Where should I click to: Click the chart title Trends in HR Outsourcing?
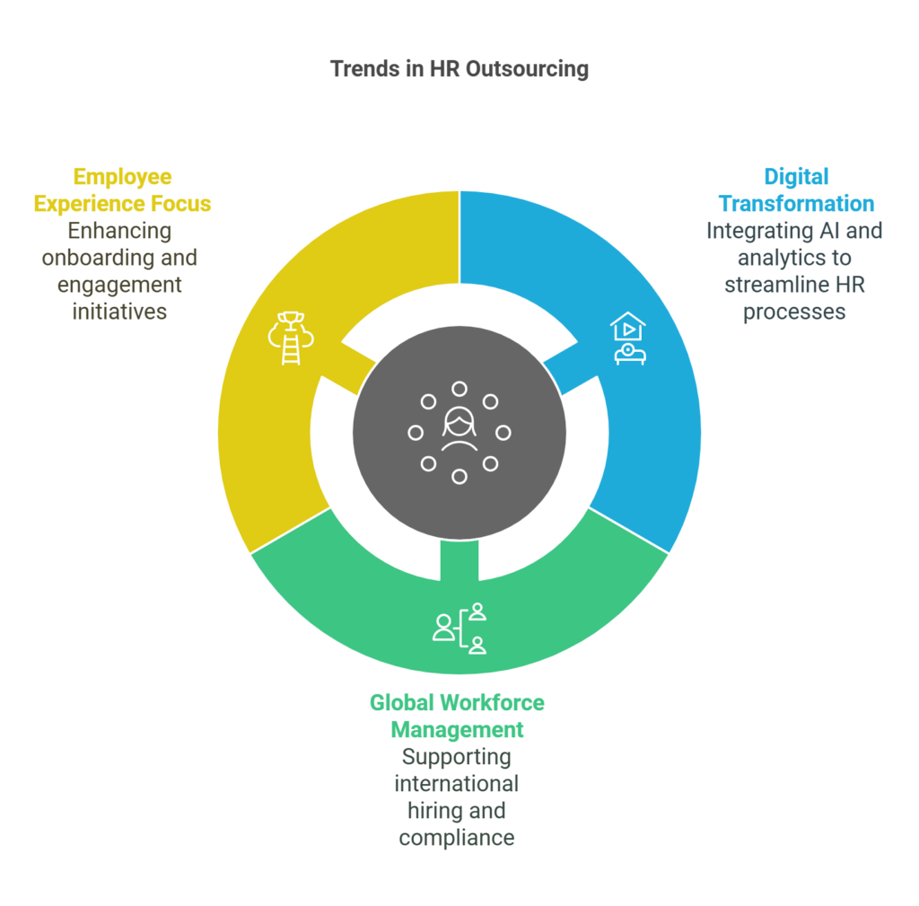tap(459, 69)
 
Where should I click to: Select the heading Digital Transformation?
tap(796, 190)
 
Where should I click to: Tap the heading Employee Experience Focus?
tap(122, 190)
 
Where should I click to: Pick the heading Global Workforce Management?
tap(457, 716)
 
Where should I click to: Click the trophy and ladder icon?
tap(291, 338)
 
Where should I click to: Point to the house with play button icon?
tap(628, 338)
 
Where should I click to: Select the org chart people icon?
tap(459, 629)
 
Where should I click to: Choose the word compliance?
tap(457, 838)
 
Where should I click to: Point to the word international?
tap(457, 784)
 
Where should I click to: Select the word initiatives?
tap(119, 312)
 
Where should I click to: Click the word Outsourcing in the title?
tap(528, 69)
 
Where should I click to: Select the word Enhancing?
tap(119, 232)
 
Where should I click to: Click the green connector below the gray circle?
tap(459, 560)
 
